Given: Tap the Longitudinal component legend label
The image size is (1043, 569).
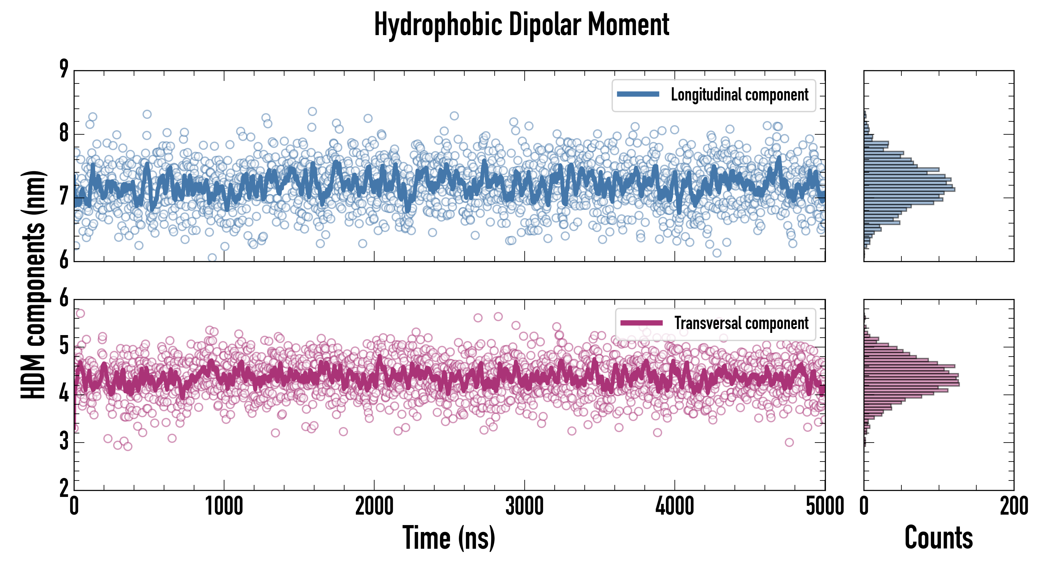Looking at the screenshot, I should (x=739, y=95).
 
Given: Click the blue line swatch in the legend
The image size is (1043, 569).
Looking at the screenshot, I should (x=638, y=95).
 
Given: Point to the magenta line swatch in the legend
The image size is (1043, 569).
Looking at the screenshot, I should (x=641, y=323).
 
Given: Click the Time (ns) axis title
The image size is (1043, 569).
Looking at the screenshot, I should (x=448, y=538).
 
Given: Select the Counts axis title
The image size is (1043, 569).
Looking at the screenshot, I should (x=938, y=538).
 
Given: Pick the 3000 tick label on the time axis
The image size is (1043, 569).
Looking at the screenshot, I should (x=524, y=506).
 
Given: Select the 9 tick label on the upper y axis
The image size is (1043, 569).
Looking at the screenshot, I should (x=64, y=69).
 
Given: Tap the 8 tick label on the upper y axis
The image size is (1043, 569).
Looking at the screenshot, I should (x=64, y=133).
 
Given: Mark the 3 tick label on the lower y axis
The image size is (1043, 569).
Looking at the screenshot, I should (x=64, y=441).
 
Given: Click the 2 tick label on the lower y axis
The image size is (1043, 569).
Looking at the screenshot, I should (x=64, y=489).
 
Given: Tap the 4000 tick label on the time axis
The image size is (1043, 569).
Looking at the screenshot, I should (x=674, y=506).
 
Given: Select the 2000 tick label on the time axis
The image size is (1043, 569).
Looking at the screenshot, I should (x=374, y=506).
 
